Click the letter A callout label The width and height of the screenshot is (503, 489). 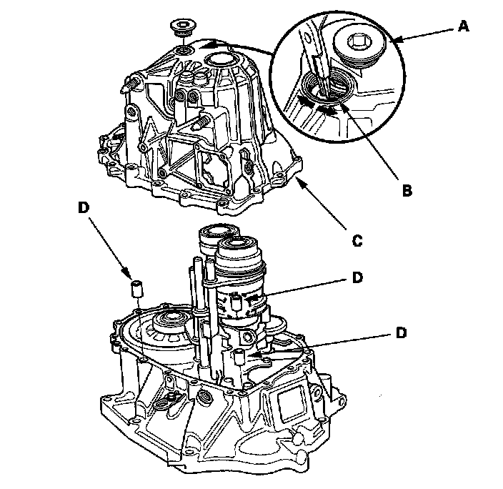tap(463, 26)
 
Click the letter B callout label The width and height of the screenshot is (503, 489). tap(407, 192)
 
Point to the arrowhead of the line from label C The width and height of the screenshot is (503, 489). tap(298, 180)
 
